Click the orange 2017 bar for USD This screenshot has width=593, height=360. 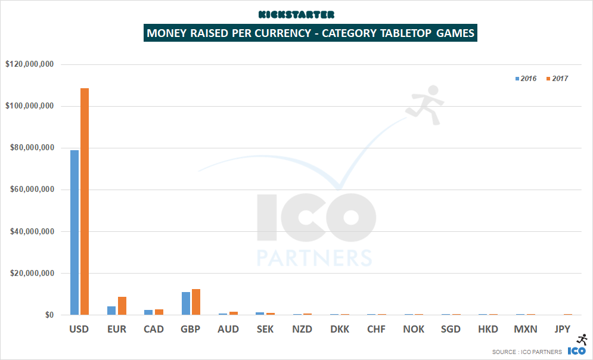coord(85,201)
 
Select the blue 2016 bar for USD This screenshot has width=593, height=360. coord(74,232)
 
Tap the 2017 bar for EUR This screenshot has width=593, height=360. coord(122,306)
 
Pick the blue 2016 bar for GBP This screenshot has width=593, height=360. coord(186,303)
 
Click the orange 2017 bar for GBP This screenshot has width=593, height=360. coord(196,302)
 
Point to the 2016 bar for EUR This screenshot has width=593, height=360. coord(111,311)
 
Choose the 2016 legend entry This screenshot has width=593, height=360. coord(526,79)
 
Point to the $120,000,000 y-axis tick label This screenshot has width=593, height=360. coord(29,64)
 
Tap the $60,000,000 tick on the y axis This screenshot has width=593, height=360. coord(29,190)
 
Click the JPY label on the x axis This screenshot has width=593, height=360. coord(561,329)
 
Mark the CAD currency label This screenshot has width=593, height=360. coord(154,329)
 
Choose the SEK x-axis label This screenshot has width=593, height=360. coord(265,329)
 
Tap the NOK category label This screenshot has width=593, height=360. coord(414,329)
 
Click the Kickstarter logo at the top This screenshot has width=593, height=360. coord(296,14)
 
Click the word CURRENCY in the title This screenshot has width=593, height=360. coord(275,33)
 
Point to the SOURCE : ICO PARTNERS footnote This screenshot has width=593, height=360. coord(527,352)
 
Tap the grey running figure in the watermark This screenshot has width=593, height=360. coord(424,105)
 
